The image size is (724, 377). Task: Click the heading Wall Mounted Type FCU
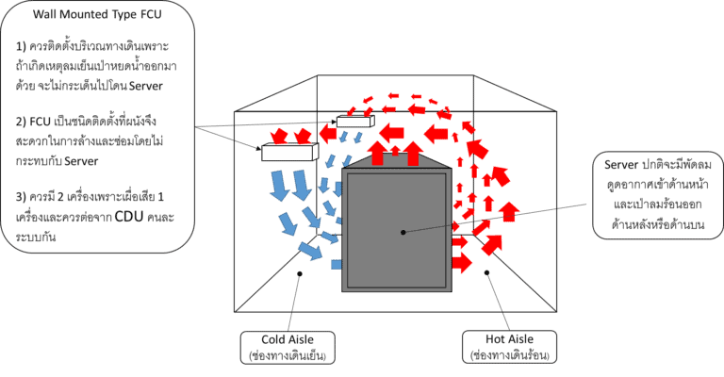click(97, 14)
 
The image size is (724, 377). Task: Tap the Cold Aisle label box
click(288, 348)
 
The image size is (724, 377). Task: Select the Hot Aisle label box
click(509, 347)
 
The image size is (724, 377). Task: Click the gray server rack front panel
click(397, 230)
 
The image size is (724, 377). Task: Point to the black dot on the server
click(403, 232)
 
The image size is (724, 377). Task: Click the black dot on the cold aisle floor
click(300, 274)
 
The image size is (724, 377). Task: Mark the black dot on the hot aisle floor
click(486, 272)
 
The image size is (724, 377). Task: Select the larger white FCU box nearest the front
click(290, 152)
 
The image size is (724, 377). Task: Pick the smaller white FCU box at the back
click(355, 122)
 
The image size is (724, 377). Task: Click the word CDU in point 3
click(129, 217)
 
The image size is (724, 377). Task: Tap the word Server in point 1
click(146, 86)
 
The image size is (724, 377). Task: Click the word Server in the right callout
click(621, 165)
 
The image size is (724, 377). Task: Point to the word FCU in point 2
click(40, 122)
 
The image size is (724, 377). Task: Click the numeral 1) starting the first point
click(21, 46)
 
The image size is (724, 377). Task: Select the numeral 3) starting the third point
click(21, 197)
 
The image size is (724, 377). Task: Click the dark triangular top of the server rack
click(397, 161)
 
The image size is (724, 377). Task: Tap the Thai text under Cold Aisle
click(288, 355)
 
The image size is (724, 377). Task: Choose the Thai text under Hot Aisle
click(509, 355)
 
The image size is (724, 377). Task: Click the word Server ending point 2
click(81, 161)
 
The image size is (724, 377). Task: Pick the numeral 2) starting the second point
click(21, 122)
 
